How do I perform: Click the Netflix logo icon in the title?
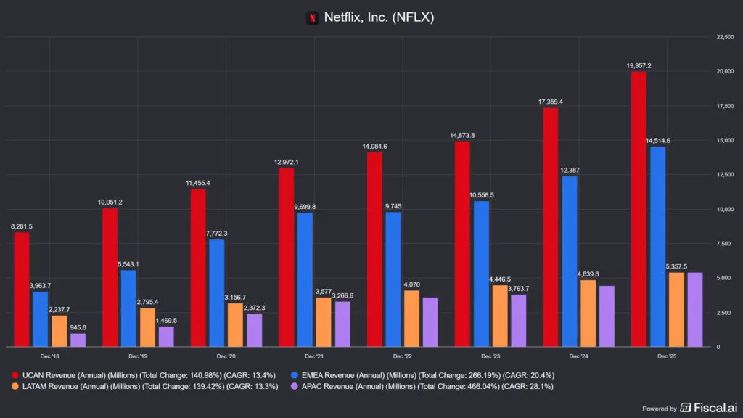(313, 17)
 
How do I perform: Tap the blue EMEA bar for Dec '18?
(40, 319)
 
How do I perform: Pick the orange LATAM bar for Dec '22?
(411, 319)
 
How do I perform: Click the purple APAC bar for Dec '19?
(165, 337)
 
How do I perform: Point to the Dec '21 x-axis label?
(315, 356)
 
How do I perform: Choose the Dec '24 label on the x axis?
(579, 356)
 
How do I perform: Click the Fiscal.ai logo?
(705, 408)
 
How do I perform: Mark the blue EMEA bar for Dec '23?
(481, 274)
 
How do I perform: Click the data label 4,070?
(411, 284)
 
